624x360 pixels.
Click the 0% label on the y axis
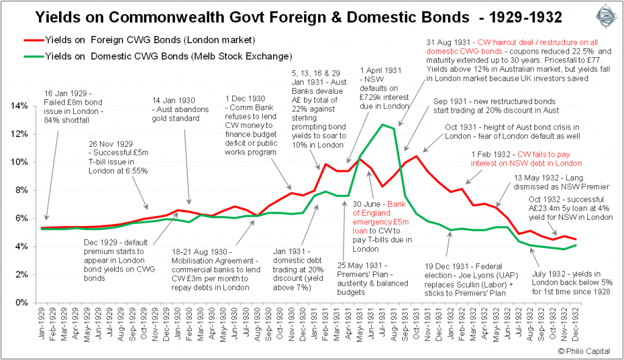23,303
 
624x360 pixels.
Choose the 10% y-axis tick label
21,162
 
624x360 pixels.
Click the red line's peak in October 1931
417,156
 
